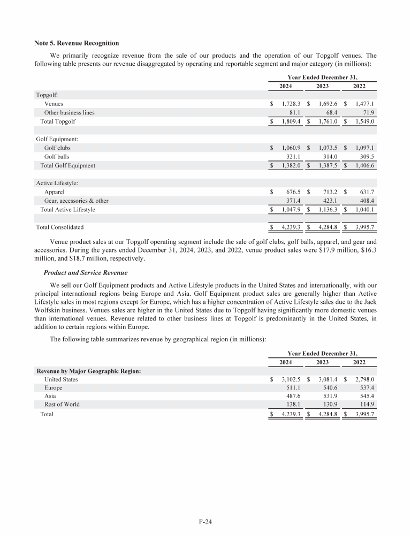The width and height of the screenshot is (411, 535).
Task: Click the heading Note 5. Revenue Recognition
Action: click(77, 43)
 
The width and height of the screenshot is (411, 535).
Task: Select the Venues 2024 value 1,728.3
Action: click(291, 104)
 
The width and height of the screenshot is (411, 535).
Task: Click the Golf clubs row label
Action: click(57, 148)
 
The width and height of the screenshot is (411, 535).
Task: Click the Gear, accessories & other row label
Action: click(76, 201)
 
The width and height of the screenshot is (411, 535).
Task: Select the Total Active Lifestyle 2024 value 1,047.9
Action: click(291, 209)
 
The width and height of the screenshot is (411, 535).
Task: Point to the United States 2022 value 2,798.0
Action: click(366, 379)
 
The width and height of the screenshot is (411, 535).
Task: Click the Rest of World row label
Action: click(62, 404)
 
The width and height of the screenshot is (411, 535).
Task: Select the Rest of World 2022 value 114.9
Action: click(369, 404)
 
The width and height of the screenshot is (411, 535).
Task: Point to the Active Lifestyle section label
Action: click(57, 183)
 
